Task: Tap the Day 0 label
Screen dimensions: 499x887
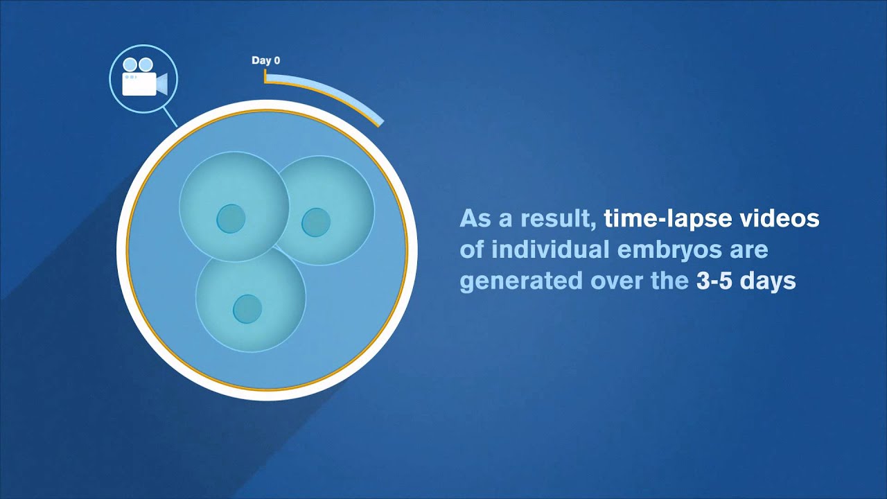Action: point(265,61)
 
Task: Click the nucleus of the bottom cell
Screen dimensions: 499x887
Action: point(247,308)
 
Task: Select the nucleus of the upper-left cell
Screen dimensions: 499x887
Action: point(231,219)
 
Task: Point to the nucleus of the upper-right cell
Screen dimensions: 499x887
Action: point(316,222)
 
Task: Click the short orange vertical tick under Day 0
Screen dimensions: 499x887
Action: point(265,76)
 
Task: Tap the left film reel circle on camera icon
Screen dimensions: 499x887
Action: point(130,64)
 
